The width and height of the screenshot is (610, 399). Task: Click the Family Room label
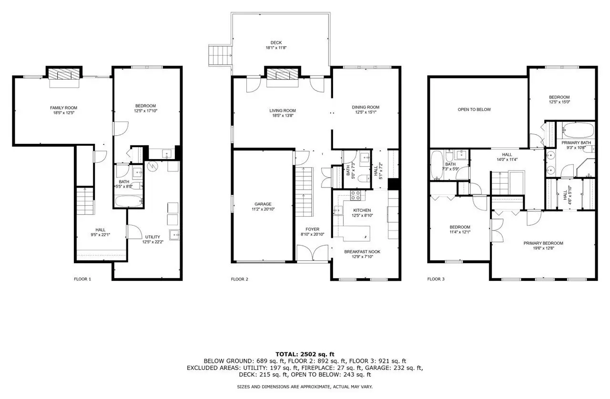(x=63, y=108)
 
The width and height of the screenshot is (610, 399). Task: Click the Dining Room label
(x=366, y=107)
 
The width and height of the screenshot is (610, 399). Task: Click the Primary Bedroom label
(x=543, y=243)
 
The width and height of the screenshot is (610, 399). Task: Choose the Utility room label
(x=152, y=237)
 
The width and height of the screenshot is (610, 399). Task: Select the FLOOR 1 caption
(x=82, y=279)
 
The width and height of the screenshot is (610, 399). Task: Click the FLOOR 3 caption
(x=436, y=279)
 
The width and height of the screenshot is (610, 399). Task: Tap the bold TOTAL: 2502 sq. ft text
(x=305, y=354)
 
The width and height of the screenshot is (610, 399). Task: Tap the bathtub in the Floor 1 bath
(x=129, y=200)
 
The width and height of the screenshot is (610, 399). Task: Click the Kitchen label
(x=362, y=210)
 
